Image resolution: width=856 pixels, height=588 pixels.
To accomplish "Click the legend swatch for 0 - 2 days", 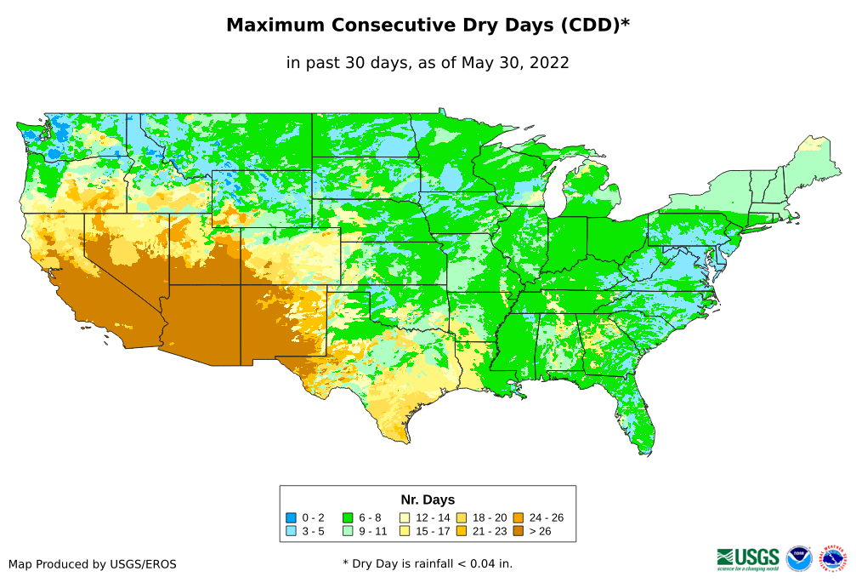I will click(x=291, y=517).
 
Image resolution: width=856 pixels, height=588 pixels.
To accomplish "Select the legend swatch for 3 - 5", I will click(x=291, y=531).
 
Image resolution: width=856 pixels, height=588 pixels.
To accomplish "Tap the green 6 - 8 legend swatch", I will click(x=348, y=517).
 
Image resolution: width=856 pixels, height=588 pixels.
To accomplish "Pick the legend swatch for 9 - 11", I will click(x=348, y=531).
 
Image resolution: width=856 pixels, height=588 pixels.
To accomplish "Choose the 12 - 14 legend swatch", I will click(x=405, y=517).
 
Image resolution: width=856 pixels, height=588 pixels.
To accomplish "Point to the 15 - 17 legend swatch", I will click(x=405, y=531).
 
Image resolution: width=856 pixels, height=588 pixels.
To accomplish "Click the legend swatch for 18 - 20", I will click(x=462, y=517).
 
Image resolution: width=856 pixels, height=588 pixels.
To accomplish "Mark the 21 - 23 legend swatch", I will click(x=462, y=531).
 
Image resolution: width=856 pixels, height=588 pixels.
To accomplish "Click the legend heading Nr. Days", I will click(x=428, y=500).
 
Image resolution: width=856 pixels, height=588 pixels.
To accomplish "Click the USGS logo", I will click(x=748, y=558).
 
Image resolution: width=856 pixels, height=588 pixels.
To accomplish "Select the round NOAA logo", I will click(x=799, y=559).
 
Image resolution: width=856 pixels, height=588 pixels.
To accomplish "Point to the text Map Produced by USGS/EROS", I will click(x=93, y=564).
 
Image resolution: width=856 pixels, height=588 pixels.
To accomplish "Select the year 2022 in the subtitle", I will click(x=547, y=62).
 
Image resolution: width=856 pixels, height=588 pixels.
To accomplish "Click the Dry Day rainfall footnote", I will click(x=428, y=563).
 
